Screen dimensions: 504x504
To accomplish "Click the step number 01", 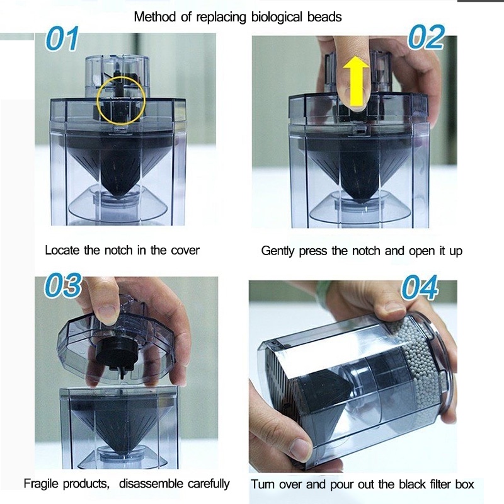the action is [x=62, y=38].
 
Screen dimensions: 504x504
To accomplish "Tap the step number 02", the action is [x=427, y=37].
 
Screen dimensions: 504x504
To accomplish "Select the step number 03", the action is [x=62, y=285].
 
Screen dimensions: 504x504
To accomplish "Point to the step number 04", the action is [x=420, y=287].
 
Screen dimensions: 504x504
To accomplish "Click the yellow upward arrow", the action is [x=355, y=81].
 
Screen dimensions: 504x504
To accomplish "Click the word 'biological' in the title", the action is [x=277, y=17].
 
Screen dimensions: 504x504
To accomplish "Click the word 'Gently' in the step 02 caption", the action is [x=278, y=251].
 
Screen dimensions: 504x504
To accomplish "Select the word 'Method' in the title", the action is [x=154, y=16].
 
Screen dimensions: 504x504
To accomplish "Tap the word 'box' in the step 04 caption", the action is [x=464, y=484].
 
